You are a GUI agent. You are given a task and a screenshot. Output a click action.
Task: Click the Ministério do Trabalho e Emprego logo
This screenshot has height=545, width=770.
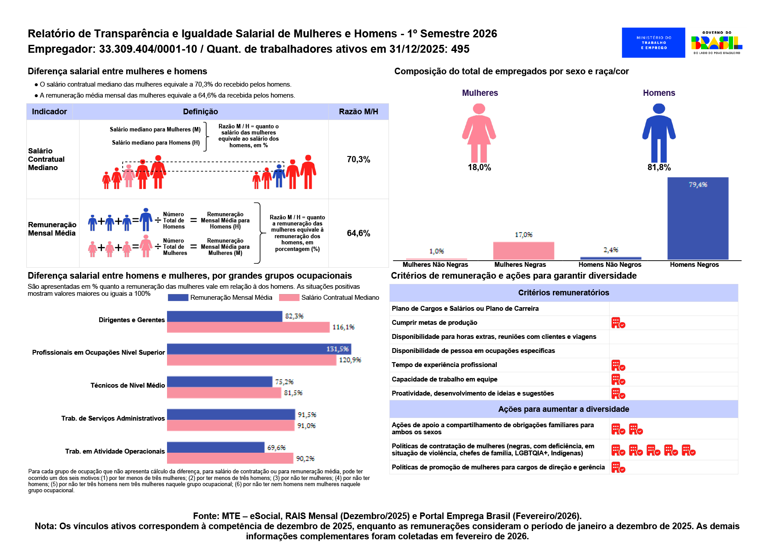653,43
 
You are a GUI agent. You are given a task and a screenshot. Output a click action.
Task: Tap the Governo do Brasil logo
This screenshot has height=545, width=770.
717,43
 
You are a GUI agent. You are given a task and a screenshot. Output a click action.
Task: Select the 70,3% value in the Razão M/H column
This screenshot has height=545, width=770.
359,160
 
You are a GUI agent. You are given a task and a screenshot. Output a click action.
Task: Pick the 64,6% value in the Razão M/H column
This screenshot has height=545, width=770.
359,233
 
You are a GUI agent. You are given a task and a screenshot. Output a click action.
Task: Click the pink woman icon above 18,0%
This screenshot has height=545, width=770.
479,133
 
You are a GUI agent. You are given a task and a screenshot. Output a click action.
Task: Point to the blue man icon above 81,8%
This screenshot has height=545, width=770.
659,133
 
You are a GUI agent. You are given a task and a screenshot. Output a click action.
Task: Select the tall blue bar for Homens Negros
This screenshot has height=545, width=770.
698,218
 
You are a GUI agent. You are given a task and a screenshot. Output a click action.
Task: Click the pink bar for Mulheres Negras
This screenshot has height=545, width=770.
523,251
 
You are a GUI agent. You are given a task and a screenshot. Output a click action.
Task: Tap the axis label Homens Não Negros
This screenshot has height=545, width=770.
610,265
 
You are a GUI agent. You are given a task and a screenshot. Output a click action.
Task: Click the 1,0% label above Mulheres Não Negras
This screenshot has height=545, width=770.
436,251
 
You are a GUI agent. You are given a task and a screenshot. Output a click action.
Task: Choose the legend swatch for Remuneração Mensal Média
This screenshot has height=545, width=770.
178,298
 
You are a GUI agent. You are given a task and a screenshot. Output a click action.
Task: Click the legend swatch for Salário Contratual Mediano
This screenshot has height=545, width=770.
289,298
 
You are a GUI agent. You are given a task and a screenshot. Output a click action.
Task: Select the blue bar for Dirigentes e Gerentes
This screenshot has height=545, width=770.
225,316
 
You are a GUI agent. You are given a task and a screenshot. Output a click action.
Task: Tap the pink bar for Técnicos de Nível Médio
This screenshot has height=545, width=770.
224,393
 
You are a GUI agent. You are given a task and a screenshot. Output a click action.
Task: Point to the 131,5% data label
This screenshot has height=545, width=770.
338,349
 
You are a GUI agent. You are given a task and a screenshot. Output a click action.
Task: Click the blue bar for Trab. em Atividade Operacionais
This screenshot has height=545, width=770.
216,447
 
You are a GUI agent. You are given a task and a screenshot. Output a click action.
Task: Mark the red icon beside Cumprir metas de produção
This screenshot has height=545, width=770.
618,323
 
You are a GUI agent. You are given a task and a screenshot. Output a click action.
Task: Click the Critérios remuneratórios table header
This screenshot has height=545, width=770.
563,293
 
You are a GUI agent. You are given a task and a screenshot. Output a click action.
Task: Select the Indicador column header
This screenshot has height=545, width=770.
49,112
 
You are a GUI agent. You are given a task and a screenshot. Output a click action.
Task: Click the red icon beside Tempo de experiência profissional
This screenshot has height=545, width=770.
618,365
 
